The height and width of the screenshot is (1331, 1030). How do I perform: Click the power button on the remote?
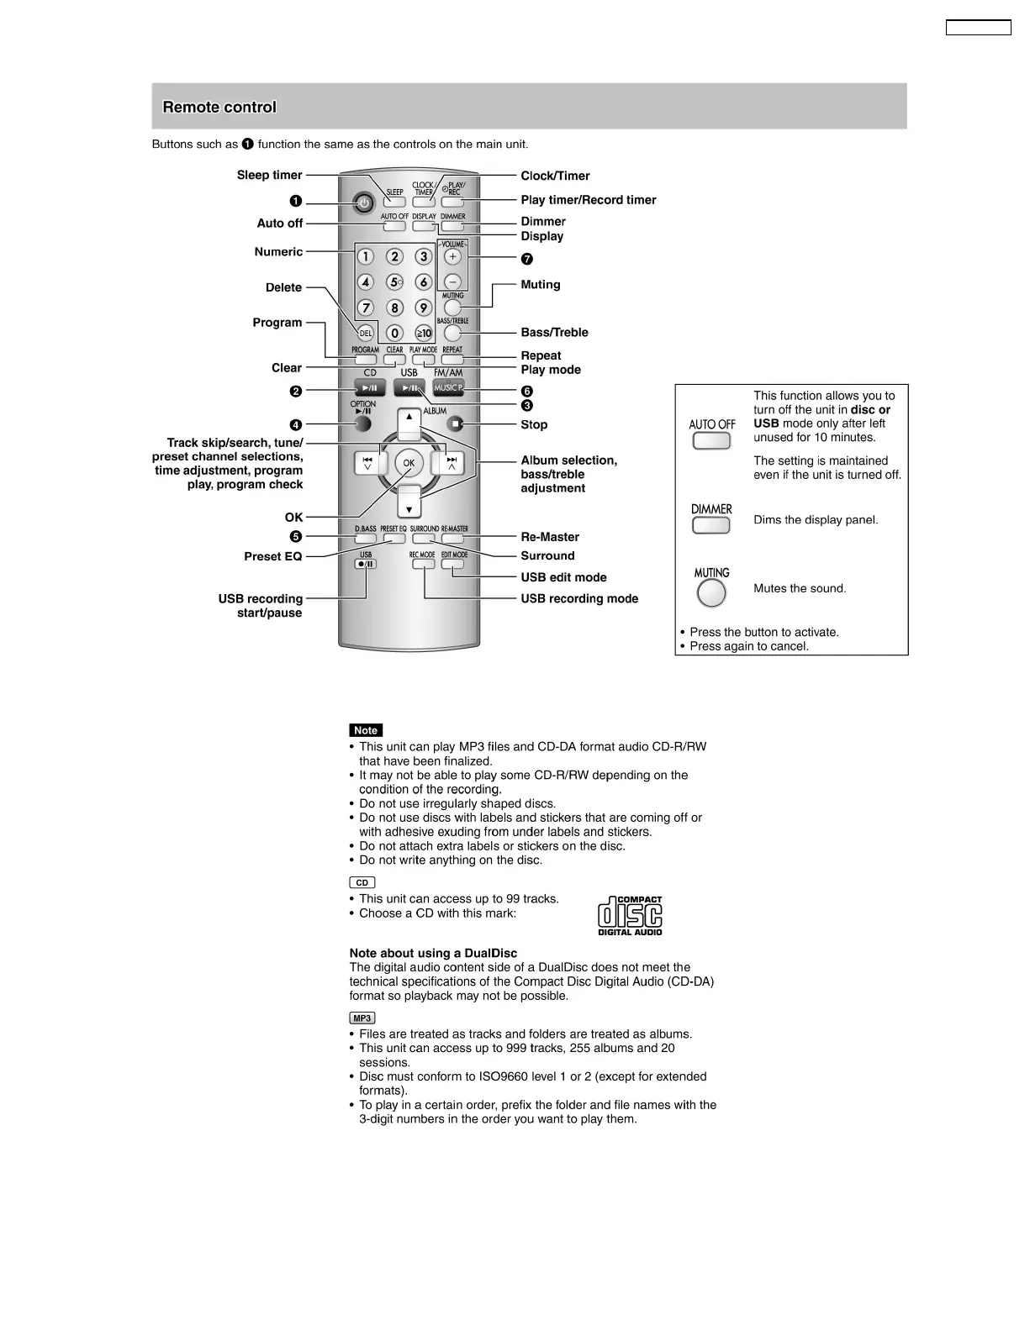coord(363,203)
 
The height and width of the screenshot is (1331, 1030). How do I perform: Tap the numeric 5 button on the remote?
coord(394,282)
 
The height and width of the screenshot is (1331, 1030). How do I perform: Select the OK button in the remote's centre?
coord(409,463)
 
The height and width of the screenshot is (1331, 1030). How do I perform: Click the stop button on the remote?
coord(455,424)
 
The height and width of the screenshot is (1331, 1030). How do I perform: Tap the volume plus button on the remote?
coord(452,256)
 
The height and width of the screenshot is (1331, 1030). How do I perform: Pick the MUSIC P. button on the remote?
coord(448,387)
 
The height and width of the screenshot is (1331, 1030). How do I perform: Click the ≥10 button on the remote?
coord(424,333)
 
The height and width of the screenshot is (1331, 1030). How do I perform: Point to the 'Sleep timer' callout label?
coord(269,175)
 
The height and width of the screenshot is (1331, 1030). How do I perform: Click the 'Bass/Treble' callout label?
coord(554,332)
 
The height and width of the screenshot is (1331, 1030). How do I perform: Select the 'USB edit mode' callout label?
coord(563,577)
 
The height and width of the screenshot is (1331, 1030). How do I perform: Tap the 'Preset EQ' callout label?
coord(272,556)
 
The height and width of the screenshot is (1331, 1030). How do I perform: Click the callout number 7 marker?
coord(526,259)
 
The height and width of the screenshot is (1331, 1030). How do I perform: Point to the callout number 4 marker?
coord(295,425)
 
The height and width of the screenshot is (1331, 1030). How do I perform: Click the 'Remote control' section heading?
coord(219,107)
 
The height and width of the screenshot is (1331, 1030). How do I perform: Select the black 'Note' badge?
coord(365,730)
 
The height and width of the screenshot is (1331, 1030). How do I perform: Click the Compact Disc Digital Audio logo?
coord(630,915)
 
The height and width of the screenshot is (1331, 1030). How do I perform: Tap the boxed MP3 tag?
coord(362,1018)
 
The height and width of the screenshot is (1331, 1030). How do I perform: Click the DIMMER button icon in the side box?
coord(710,525)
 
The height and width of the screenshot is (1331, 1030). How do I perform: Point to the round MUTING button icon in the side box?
coord(711,593)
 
